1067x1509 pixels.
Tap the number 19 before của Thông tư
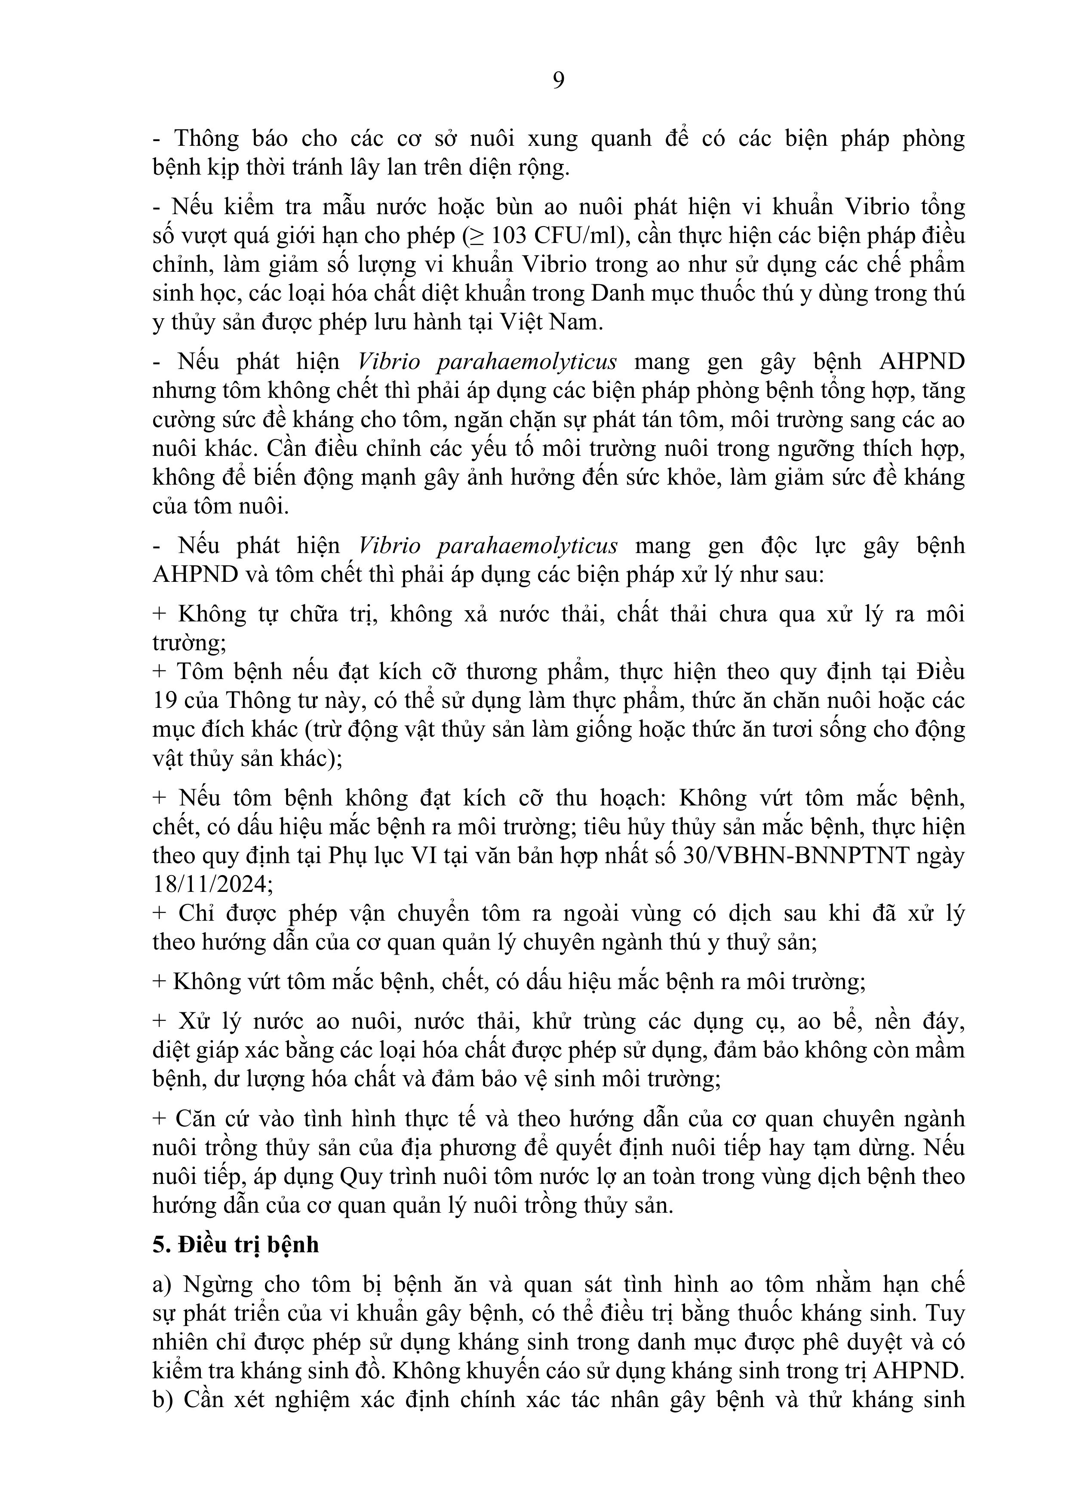tap(164, 701)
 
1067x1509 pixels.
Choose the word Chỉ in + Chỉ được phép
tap(192, 913)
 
